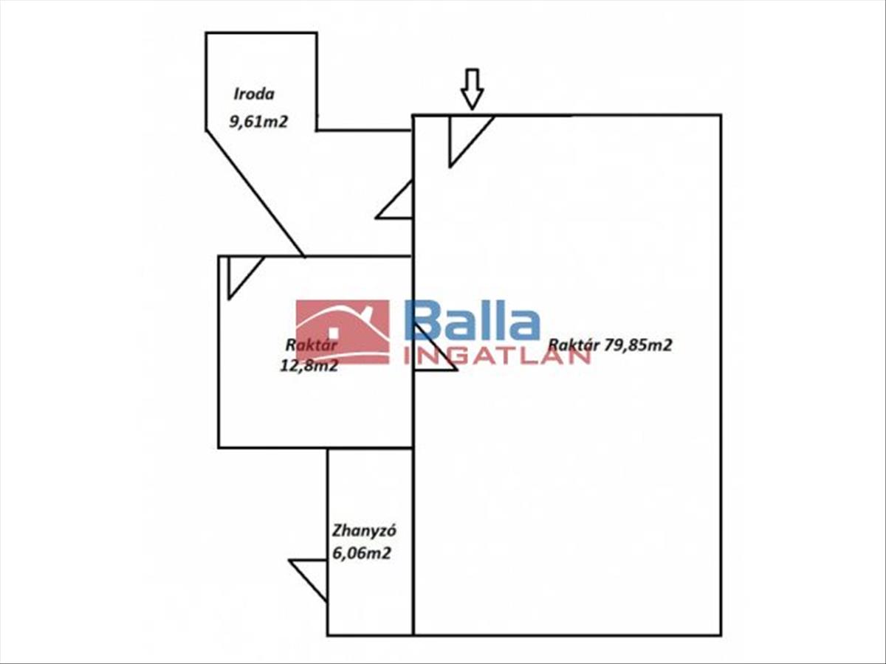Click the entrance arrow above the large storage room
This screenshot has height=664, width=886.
tap(472, 89)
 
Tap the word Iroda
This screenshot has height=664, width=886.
tap(254, 94)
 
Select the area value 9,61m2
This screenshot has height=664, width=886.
tap(258, 122)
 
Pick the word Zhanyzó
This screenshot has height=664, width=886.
tap(359, 530)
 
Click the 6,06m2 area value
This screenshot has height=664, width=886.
tap(361, 553)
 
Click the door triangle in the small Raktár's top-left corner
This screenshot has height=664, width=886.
tap(241, 272)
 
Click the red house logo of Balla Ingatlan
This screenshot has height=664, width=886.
tap(343, 331)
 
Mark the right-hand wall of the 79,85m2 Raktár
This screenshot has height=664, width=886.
tap(721, 369)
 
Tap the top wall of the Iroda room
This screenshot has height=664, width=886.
tap(261, 32)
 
